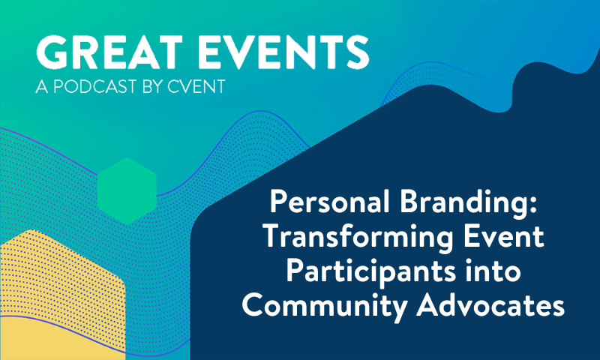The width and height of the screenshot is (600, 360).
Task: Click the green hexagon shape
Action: click(127, 190)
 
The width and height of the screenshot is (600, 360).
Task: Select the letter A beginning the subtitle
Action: click(41, 88)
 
